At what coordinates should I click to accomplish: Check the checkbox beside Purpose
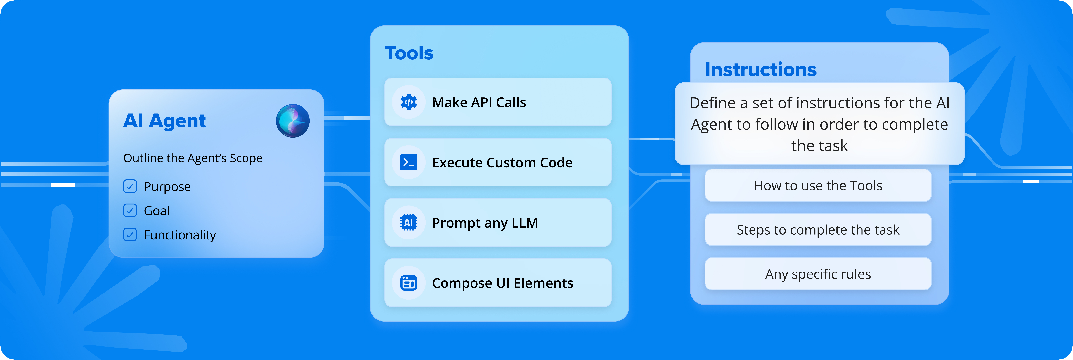130,186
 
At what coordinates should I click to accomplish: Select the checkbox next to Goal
130,210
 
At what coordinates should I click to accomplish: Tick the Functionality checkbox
130,235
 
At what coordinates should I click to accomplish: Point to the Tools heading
409,53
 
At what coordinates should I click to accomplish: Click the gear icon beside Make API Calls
409,102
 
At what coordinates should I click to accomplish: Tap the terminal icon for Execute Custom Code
409,162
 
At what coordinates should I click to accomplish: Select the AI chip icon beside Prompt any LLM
409,223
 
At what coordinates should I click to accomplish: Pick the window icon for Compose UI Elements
409,283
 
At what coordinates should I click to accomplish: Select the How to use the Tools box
818,185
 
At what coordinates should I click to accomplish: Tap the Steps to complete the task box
818,230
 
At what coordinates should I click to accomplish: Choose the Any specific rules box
818,274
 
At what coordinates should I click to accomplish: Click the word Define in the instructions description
713,103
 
